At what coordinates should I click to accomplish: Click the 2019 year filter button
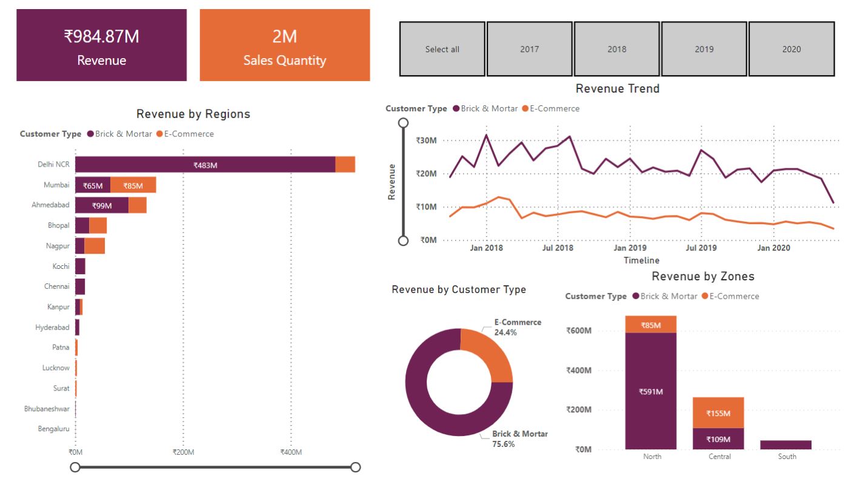[x=704, y=49]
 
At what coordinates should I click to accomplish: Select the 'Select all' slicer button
[x=442, y=49]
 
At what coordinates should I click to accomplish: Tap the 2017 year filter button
[x=529, y=49]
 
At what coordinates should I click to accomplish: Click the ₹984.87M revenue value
[x=102, y=37]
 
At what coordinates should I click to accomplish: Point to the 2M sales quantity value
[x=284, y=37]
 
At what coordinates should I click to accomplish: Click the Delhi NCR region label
[x=54, y=164]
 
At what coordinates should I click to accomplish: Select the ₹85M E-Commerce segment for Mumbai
[x=133, y=185]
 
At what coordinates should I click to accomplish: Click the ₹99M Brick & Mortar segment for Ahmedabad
[x=102, y=205]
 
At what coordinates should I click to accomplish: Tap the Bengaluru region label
[x=53, y=429]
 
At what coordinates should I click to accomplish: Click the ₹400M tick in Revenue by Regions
[x=291, y=452]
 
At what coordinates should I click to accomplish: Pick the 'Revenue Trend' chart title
[x=617, y=88]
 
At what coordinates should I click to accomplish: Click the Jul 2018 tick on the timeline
[x=558, y=248]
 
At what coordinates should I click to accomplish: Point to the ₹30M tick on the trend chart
[x=427, y=140]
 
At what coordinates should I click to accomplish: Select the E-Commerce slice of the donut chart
[x=489, y=355]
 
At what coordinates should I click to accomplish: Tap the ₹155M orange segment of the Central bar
[x=719, y=413]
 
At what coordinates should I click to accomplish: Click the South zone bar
[x=786, y=444]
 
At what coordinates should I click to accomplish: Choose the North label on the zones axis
[x=652, y=456]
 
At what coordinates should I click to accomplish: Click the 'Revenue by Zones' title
[x=703, y=277]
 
